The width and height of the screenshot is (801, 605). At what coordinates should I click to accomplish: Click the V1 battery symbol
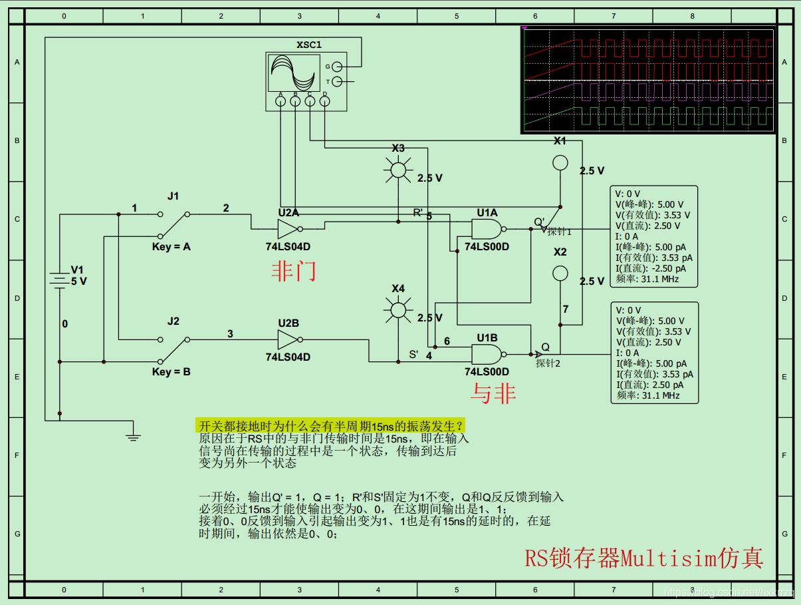[60, 280]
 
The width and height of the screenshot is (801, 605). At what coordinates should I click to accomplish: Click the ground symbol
[134, 436]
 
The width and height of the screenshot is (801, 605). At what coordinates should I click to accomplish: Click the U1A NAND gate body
[486, 230]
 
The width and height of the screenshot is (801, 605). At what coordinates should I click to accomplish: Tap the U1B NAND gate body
[486, 353]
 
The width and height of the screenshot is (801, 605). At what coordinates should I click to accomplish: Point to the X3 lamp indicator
[398, 171]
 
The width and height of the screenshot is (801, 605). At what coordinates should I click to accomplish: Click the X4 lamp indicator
[398, 310]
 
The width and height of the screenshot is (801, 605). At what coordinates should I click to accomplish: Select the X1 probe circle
[560, 163]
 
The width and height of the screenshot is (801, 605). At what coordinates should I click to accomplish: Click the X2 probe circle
[560, 273]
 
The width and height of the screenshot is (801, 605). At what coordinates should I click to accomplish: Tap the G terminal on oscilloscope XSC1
[337, 67]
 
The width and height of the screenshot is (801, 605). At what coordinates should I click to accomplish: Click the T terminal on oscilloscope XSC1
[337, 82]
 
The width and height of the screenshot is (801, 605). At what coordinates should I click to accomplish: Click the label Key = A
[171, 247]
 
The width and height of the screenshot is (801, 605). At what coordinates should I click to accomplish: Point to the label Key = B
[171, 371]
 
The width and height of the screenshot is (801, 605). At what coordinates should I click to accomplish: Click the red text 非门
[293, 271]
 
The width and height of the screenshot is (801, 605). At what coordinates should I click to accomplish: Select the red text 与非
[493, 394]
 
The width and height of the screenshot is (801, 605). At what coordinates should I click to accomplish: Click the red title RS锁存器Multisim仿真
[643, 558]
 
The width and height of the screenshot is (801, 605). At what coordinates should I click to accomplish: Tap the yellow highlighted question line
[330, 426]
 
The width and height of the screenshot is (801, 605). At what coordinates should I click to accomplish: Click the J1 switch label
[173, 196]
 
